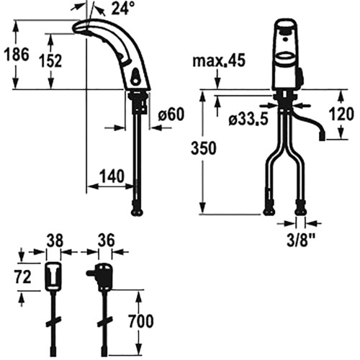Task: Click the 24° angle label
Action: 122,9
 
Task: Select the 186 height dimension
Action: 17,54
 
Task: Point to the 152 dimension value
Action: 50,61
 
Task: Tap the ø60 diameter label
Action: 171,114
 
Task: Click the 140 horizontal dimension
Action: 112,176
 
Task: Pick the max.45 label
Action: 219,60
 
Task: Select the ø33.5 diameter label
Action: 248,119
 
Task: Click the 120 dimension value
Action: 341,114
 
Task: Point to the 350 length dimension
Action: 204,148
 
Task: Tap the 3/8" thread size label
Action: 301,240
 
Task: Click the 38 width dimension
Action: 55,240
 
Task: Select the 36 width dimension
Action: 107,240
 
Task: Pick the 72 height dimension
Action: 23,277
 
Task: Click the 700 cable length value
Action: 141,321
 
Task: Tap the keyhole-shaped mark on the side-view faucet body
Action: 135,77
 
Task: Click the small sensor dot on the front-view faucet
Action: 286,38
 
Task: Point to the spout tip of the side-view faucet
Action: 75,29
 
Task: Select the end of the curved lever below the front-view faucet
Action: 322,138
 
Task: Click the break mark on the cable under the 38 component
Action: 53,322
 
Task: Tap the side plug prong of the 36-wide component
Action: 91,273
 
